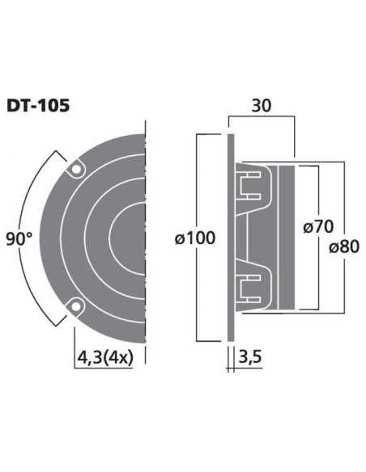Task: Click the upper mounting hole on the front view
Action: (x=76, y=169)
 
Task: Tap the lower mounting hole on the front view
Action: (x=76, y=306)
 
